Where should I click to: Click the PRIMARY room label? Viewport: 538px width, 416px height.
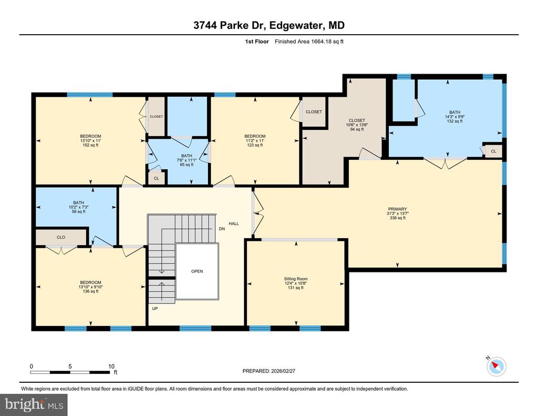coord(397,209)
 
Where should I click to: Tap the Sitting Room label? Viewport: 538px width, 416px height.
coord(296,279)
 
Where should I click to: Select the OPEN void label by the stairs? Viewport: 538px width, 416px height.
coord(197,271)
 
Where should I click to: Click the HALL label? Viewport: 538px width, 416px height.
coord(234,224)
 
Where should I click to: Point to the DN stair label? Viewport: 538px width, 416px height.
coord(222,228)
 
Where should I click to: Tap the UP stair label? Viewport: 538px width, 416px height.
coord(155,309)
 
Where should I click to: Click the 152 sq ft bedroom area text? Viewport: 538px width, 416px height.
coord(90,145)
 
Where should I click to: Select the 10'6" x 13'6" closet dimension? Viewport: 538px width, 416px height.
coord(357,125)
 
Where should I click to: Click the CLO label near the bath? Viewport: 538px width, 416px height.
coord(61,237)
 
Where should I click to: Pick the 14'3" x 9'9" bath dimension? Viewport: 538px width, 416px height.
coord(454,116)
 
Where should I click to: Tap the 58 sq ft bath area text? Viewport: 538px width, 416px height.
coord(79,211)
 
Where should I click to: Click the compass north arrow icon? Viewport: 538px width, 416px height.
coord(496,366)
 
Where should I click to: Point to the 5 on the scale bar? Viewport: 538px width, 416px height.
coord(70,366)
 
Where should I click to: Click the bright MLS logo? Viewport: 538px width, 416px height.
coord(34,404)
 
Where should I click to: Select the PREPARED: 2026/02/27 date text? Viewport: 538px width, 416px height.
coord(268,371)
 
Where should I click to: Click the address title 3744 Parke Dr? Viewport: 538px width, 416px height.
coord(230,25)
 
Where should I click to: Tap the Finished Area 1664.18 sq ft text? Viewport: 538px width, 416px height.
coord(309,42)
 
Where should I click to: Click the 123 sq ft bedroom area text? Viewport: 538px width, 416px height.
coord(255,145)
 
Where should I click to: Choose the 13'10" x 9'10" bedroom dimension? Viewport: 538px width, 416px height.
coord(90,287)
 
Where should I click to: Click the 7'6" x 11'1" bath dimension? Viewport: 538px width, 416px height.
coord(187,160)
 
